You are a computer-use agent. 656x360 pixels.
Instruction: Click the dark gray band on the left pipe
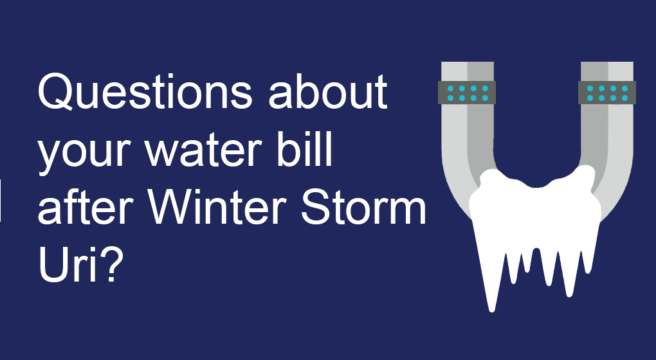point(466,93)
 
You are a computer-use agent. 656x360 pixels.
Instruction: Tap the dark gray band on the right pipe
point(607,93)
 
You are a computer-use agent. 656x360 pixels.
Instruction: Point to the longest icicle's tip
point(492,311)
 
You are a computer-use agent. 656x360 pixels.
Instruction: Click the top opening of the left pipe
point(468,63)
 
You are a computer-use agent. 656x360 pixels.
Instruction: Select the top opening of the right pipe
point(607,63)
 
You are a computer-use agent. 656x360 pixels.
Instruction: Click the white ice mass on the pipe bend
point(536,209)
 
